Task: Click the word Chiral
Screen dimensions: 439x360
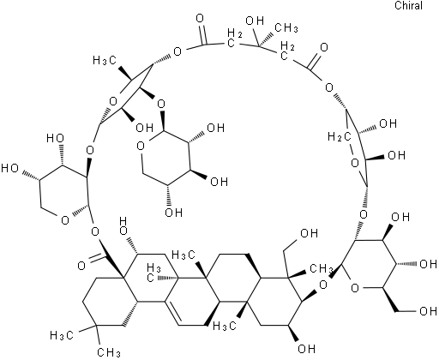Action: [408, 5]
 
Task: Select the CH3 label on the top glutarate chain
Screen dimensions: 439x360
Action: [286, 28]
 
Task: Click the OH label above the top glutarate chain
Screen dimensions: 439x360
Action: [255, 21]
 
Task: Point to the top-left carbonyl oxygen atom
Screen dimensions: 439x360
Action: [200, 19]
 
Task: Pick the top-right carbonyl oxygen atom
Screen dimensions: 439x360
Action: [324, 47]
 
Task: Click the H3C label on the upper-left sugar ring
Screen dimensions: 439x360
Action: [105, 60]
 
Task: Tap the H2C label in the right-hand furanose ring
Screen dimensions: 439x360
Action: [340, 137]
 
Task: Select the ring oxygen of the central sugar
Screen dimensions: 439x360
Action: [141, 147]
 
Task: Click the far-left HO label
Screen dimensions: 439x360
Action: [10, 168]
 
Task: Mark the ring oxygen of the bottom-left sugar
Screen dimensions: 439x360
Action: [65, 220]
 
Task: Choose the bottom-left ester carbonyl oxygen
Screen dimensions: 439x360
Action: [81, 266]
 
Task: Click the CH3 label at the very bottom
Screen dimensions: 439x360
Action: [109, 352]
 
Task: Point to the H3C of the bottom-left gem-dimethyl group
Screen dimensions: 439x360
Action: [62, 335]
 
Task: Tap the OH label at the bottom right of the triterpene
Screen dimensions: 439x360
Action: [307, 349]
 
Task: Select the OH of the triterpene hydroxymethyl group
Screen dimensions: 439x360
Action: [310, 233]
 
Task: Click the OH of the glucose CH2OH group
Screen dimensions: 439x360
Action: [428, 311]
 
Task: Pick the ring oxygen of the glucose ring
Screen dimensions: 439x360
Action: [354, 288]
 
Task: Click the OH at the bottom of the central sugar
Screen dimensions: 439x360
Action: [174, 213]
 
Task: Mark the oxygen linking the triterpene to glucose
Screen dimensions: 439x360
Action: [323, 285]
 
